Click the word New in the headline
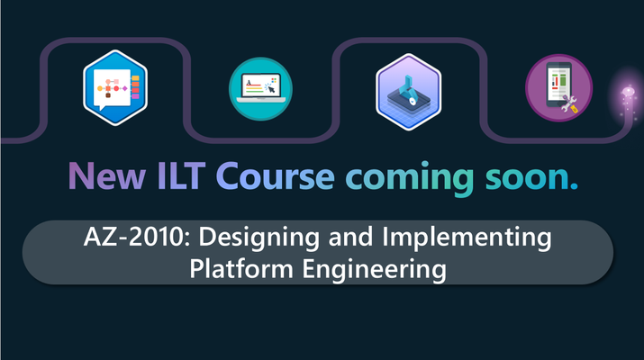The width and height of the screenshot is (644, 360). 106,175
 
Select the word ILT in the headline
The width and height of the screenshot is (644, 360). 181,175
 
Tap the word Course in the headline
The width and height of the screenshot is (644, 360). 276,176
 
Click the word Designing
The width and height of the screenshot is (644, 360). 259,238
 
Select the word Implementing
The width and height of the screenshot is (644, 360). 467,238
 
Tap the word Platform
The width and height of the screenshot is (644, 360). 241,269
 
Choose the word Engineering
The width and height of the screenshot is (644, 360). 374,270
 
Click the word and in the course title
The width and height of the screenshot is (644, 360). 350,237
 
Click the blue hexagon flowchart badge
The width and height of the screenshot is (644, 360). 115,87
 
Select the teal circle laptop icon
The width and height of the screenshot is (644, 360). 260,89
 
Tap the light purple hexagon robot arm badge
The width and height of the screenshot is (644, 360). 409,92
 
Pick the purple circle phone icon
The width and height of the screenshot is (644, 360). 559,88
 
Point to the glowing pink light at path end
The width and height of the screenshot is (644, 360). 628,92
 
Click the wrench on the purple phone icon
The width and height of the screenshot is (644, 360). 569,104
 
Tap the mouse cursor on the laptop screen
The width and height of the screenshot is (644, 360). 271,89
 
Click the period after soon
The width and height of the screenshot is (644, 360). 574,186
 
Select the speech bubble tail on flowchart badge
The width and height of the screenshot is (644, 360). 103,108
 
